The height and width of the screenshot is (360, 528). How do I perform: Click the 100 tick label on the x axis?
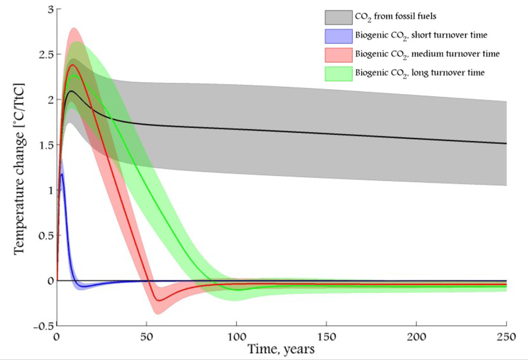[237, 337]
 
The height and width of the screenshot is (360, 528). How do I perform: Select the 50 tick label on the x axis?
[147, 337]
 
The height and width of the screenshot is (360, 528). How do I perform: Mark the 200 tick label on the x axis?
[416, 337]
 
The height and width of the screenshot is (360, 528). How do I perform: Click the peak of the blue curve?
[63, 174]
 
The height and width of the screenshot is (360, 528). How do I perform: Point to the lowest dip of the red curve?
[158, 300]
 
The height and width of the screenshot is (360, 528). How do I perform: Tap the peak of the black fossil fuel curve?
[71, 91]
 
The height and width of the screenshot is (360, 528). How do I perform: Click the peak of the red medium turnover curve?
[73, 65]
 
